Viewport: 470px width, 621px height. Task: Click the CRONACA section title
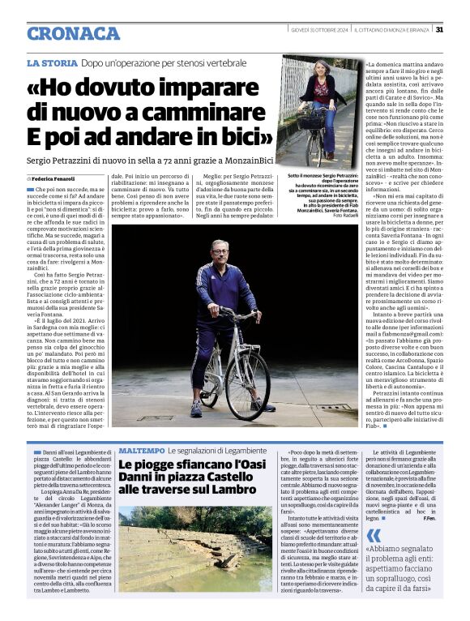point(73,33)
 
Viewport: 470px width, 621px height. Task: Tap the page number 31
point(438,30)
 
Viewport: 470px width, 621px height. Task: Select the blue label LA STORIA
point(52,62)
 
